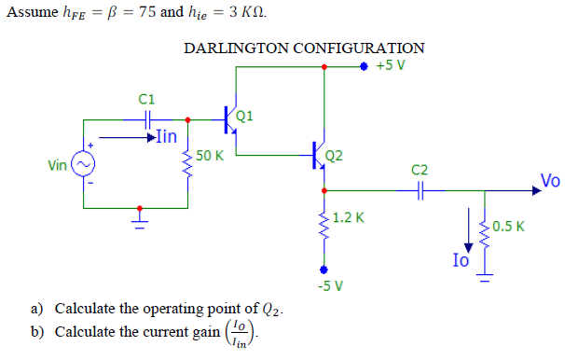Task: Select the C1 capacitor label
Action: pos(146,98)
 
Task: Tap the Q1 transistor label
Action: pos(245,117)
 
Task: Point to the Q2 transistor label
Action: pos(334,155)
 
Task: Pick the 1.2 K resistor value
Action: pos(348,218)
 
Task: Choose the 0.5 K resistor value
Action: pos(509,226)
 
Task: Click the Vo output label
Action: pos(549,181)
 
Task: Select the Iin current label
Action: pos(165,136)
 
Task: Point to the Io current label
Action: pos(461,261)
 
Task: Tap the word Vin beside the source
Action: pos(58,165)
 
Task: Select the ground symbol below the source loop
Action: pos(140,220)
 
